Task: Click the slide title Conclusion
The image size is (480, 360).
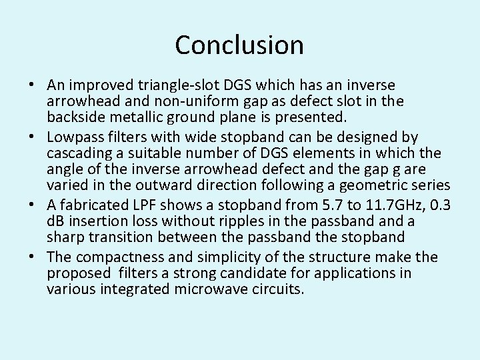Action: coord(239,45)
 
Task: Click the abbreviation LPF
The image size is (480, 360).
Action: coord(143,205)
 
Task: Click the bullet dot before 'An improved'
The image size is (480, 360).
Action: coord(32,86)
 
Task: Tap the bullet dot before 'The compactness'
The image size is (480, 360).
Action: coord(32,257)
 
